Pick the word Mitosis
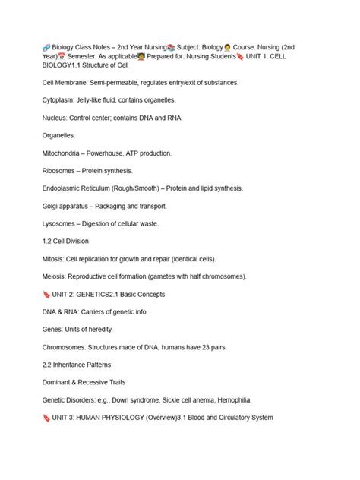[x=54, y=259]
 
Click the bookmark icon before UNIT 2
[x=47, y=294]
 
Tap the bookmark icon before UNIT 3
[x=47, y=417]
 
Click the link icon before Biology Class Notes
[x=47, y=47]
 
